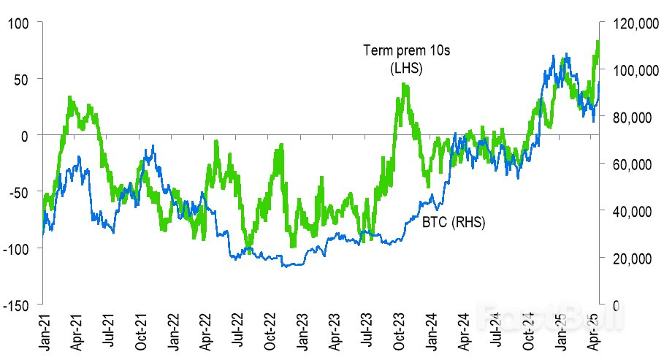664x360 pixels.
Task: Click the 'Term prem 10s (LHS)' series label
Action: [x=394, y=59]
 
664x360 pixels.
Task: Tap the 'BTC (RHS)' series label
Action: [x=454, y=221]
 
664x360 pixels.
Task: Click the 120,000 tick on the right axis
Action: [x=628, y=24]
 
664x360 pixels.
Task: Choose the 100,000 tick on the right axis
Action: [x=628, y=71]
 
